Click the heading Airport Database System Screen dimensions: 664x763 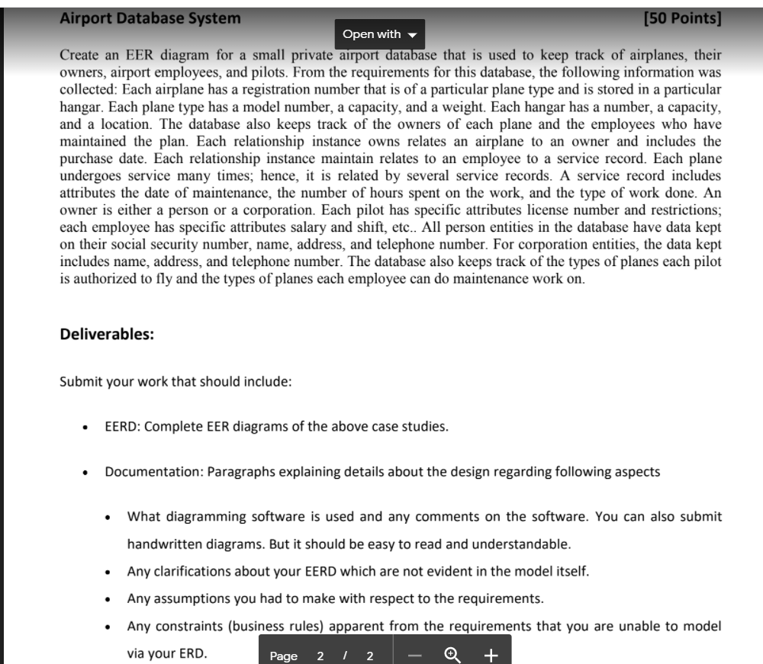point(150,18)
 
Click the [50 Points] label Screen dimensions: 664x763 point(682,18)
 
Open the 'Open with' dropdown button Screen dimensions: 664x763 point(379,34)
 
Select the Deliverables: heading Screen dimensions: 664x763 point(107,334)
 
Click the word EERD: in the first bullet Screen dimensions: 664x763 point(122,426)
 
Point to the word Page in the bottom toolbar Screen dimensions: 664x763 point(284,656)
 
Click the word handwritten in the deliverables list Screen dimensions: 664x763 point(166,545)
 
